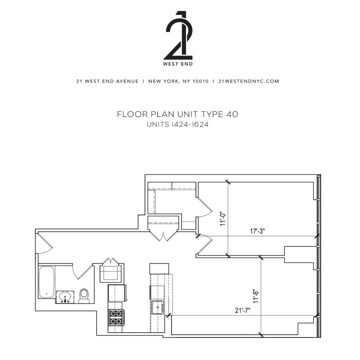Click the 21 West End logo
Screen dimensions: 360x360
coord(179,38)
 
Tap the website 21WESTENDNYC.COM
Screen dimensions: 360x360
coord(249,81)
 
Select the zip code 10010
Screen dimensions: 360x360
coord(200,81)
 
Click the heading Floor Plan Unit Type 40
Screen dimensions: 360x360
coord(178,114)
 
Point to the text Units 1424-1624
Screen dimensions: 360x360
coord(178,124)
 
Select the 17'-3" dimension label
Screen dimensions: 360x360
coord(257,231)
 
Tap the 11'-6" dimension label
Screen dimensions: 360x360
coord(256,296)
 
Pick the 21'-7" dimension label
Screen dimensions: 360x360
coord(243,310)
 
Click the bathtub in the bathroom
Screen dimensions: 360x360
coord(47,282)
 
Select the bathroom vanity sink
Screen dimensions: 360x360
coord(65,297)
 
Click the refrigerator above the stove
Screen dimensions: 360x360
coord(117,293)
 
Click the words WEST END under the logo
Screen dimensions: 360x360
coord(178,64)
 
